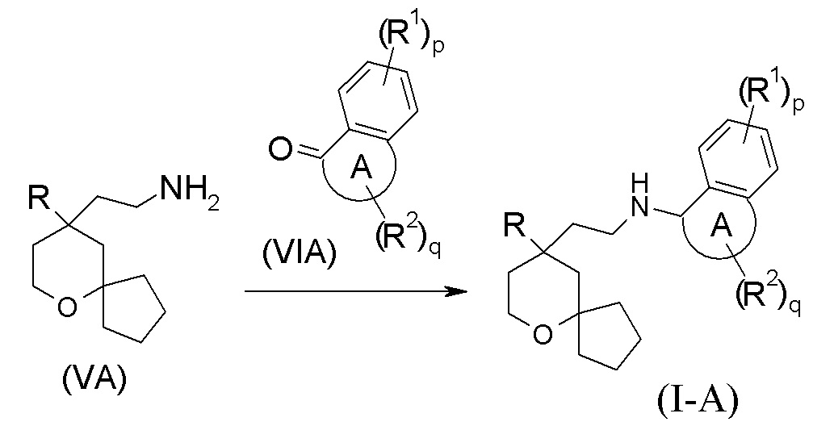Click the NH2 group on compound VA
click(187, 191)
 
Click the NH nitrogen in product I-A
click(641, 211)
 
